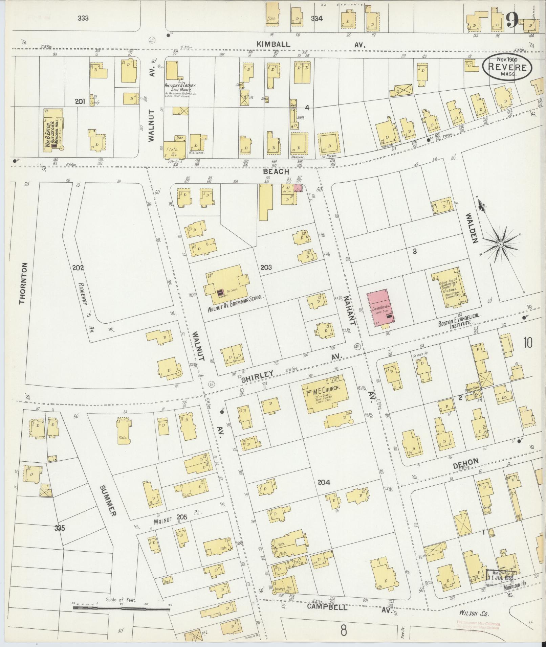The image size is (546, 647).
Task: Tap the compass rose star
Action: (x=500, y=244)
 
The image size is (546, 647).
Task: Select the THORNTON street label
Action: (x=23, y=283)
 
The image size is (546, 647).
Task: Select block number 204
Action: (x=324, y=482)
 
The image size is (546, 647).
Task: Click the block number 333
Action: (x=83, y=18)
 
